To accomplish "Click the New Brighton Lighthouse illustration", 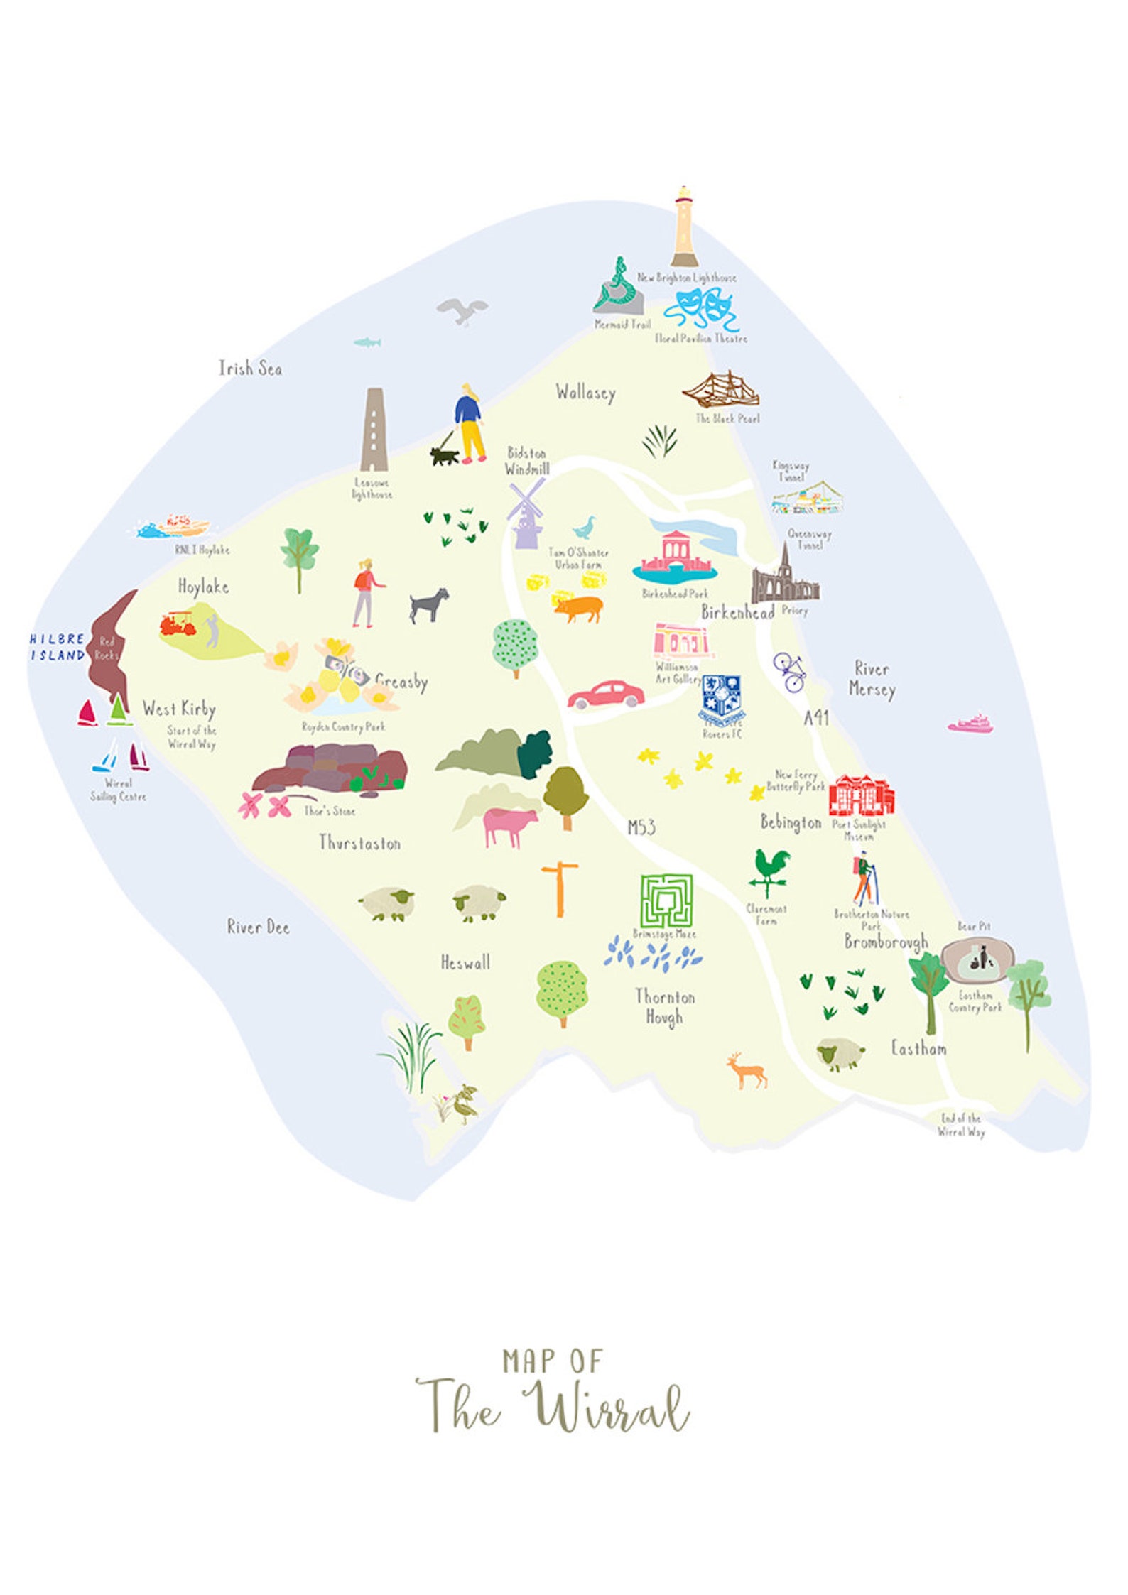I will [x=683, y=228].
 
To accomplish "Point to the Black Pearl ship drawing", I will [x=720, y=390].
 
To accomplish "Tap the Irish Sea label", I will [x=250, y=369].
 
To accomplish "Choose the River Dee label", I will [x=258, y=927].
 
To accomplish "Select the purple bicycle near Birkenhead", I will [x=790, y=671].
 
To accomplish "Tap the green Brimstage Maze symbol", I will [x=666, y=900].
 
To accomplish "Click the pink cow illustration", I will [x=509, y=826].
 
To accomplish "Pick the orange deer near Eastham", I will [x=747, y=1070].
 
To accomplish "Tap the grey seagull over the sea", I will [x=462, y=310].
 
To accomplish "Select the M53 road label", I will [x=641, y=827].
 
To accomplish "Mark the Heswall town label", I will [x=465, y=963].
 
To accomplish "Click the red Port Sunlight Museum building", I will [x=861, y=795].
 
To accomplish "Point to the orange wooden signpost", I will [x=560, y=888].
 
